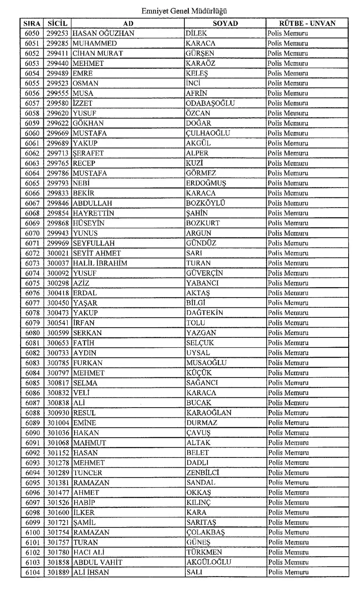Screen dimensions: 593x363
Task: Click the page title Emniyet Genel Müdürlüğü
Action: [184, 11]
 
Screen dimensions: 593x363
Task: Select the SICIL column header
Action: [57, 23]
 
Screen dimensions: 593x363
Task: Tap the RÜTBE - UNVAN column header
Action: [307, 23]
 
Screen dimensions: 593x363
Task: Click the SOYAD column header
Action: [225, 23]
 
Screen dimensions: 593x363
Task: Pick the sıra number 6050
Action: [32, 33]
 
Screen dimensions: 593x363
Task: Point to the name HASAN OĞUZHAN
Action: [104, 33]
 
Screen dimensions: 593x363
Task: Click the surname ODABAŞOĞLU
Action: [210, 103]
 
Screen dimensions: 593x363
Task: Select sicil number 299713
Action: [58, 153]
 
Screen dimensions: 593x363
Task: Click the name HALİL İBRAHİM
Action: [100, 263]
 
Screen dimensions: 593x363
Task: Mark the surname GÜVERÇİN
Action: [204, 273]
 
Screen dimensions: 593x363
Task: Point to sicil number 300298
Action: [58, 283]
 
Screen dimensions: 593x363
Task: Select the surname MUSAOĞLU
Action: [206, 363]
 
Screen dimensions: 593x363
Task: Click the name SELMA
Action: [85, 383]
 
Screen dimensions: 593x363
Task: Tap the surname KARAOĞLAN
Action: [209, 413]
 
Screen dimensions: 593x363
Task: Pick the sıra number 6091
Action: [33, 443]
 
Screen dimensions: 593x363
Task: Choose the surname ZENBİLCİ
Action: [203, 473]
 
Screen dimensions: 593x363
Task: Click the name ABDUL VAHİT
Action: [98, 563]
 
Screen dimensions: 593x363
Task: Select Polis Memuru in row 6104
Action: [288, 572]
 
